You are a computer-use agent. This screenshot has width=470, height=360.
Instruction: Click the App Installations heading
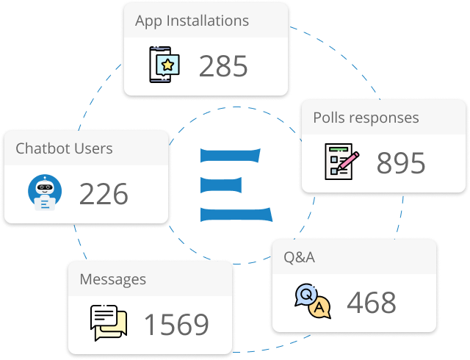[192, 21]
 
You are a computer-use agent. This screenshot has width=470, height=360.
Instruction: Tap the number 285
[223, 66]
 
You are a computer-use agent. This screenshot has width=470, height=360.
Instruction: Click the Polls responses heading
[366, 118]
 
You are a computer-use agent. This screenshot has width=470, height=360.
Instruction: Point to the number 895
[401, 163]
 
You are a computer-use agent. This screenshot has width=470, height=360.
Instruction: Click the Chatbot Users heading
[64, 148]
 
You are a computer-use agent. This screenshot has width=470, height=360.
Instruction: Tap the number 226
[104, 194]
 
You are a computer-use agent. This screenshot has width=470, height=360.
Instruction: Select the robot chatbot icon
[45, 193]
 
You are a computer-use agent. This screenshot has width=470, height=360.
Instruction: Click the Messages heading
[112, 279]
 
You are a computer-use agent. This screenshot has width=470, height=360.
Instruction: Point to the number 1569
[176, 324]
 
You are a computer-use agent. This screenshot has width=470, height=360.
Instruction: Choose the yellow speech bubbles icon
[109, 322]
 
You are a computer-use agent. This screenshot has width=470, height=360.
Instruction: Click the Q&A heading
[299, 257]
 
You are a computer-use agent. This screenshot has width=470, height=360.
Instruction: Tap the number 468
[371, 302]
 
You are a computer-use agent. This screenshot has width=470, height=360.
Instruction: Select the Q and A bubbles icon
[313, 301]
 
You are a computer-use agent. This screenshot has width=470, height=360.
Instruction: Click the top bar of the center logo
[231, 155]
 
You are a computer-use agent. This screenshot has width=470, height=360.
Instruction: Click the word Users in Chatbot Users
[93, 148]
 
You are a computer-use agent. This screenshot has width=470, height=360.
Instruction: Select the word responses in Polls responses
[384, 118]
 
